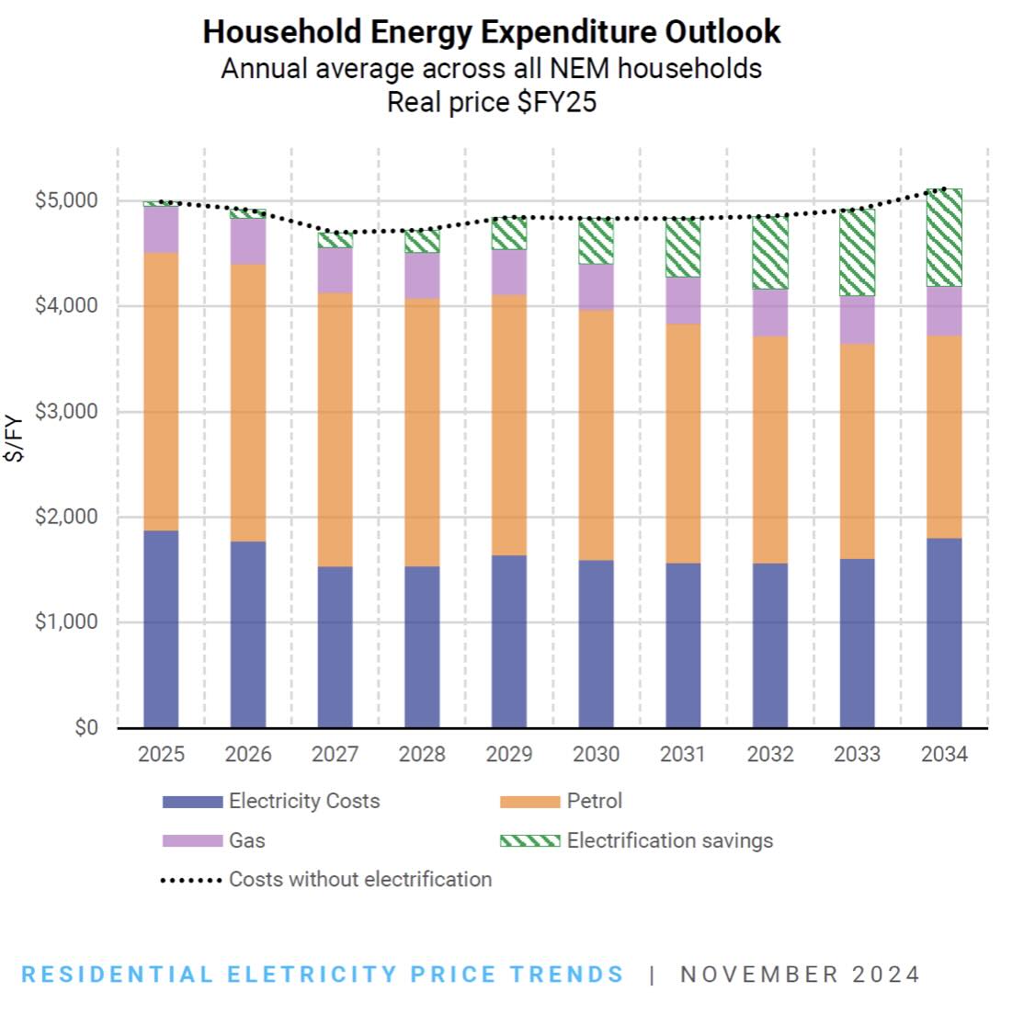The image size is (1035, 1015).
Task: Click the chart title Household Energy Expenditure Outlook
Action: pos(491,32)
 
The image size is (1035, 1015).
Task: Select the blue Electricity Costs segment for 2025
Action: pos(161,629)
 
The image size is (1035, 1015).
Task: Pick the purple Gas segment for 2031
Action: pos(683,300)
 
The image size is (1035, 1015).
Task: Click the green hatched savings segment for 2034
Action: pos(944,237)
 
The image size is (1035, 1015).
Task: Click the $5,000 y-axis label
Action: pos(66,200)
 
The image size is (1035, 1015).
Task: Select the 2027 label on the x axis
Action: pos(335,754)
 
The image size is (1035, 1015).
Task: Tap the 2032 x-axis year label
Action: pos(770,754)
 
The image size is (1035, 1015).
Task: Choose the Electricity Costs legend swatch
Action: pos(192,802)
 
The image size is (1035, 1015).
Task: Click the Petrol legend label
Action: pos(595,801)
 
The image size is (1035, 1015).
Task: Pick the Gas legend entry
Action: pos(247,840)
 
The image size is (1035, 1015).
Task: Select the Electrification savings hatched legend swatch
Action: pos(529,840)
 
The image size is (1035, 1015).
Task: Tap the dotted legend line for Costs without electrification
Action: pos(191,880)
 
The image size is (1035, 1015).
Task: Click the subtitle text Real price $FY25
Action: pos(491,101)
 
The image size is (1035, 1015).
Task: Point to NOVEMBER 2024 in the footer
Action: pos(800,975)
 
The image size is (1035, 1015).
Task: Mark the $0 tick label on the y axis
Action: pos(86,728)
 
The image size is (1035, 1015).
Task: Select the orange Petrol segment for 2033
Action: pos(857,450)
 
